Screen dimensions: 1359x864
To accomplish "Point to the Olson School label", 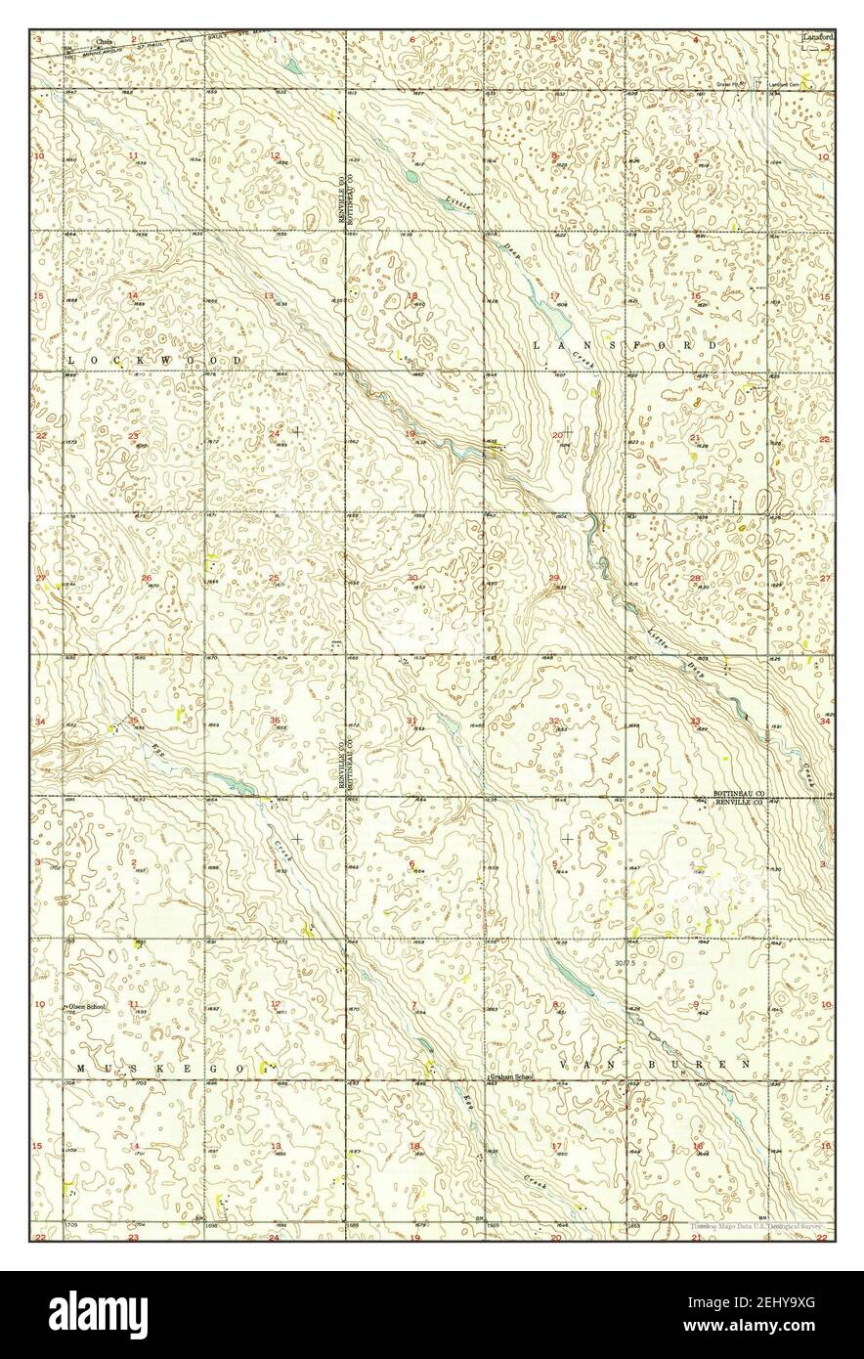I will [x=84, y=1006].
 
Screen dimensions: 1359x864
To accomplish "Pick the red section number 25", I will [x=274, y=578].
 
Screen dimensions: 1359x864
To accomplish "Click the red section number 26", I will [x=146, y=578].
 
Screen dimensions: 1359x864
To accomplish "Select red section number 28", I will [x=696, y=578].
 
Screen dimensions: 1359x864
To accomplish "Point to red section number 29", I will [x=554, y=578].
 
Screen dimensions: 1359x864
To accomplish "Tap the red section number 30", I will [x=412, y=578].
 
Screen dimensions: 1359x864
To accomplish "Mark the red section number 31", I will [x=412, y=721].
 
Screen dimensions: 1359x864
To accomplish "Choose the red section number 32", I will [x=554, y=721].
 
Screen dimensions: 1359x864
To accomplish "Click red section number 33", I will [x=696, y=721].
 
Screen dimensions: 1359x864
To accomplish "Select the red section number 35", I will [x=134, y=721].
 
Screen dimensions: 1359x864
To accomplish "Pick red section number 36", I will [x=275, y=721].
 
